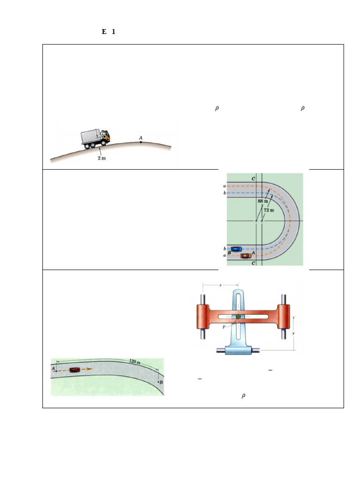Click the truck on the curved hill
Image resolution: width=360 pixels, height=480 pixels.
click(96, 138)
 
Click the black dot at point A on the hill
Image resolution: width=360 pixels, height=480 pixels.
click(141, 141)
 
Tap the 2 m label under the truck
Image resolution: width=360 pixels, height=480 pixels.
click(101, 158)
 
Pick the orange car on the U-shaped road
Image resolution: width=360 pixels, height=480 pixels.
click(246, 255)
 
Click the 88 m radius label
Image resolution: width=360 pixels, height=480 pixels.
click(262, 201)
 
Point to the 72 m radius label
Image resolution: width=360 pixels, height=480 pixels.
click(269, 210)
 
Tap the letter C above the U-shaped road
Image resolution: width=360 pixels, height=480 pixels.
click(253, 179)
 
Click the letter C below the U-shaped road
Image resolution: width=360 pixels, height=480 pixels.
click(254, 264)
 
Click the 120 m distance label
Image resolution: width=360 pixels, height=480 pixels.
click(135, 362)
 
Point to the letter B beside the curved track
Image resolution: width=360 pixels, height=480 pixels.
click(161, 383)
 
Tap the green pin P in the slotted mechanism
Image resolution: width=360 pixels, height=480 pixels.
click(239, 317)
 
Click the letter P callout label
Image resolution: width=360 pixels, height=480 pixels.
click(225, 327)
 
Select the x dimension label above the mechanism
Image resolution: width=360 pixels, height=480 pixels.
click(220, 285)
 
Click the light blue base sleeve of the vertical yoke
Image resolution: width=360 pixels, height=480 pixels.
click(239, 350)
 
